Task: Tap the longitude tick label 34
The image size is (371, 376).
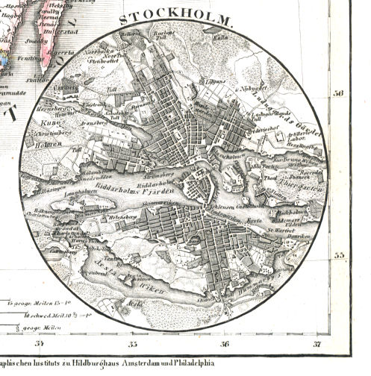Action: [40, 344]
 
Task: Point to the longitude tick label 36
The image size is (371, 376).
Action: [224, 344]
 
